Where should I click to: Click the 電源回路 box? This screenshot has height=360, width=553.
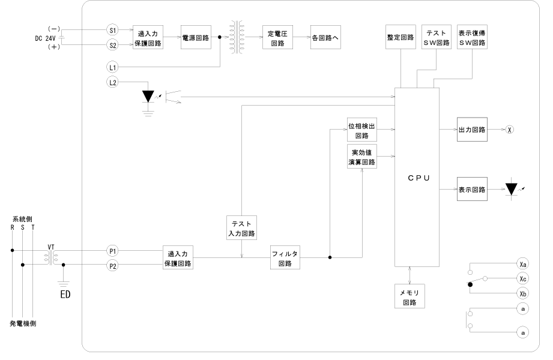[196, 37]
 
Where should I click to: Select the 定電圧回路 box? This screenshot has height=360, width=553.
[277, 37]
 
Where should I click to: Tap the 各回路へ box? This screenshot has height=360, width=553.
[325, 37]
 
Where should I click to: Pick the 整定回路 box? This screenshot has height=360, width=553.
[400, 37]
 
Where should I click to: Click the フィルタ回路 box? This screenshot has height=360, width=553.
[285, 257]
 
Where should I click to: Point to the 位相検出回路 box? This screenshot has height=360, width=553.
[362, 131]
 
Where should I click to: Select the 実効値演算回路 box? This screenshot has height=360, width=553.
[362, 157]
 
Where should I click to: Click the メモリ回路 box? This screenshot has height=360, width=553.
[409, 296]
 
